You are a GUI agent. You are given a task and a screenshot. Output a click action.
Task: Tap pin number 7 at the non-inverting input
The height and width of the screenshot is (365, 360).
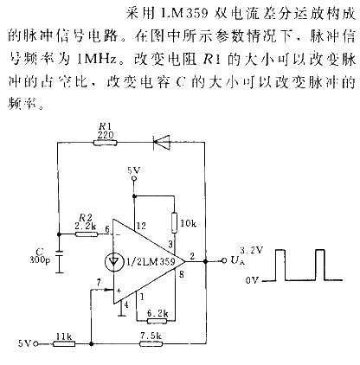pyautogui.click(x=100, y=280)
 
